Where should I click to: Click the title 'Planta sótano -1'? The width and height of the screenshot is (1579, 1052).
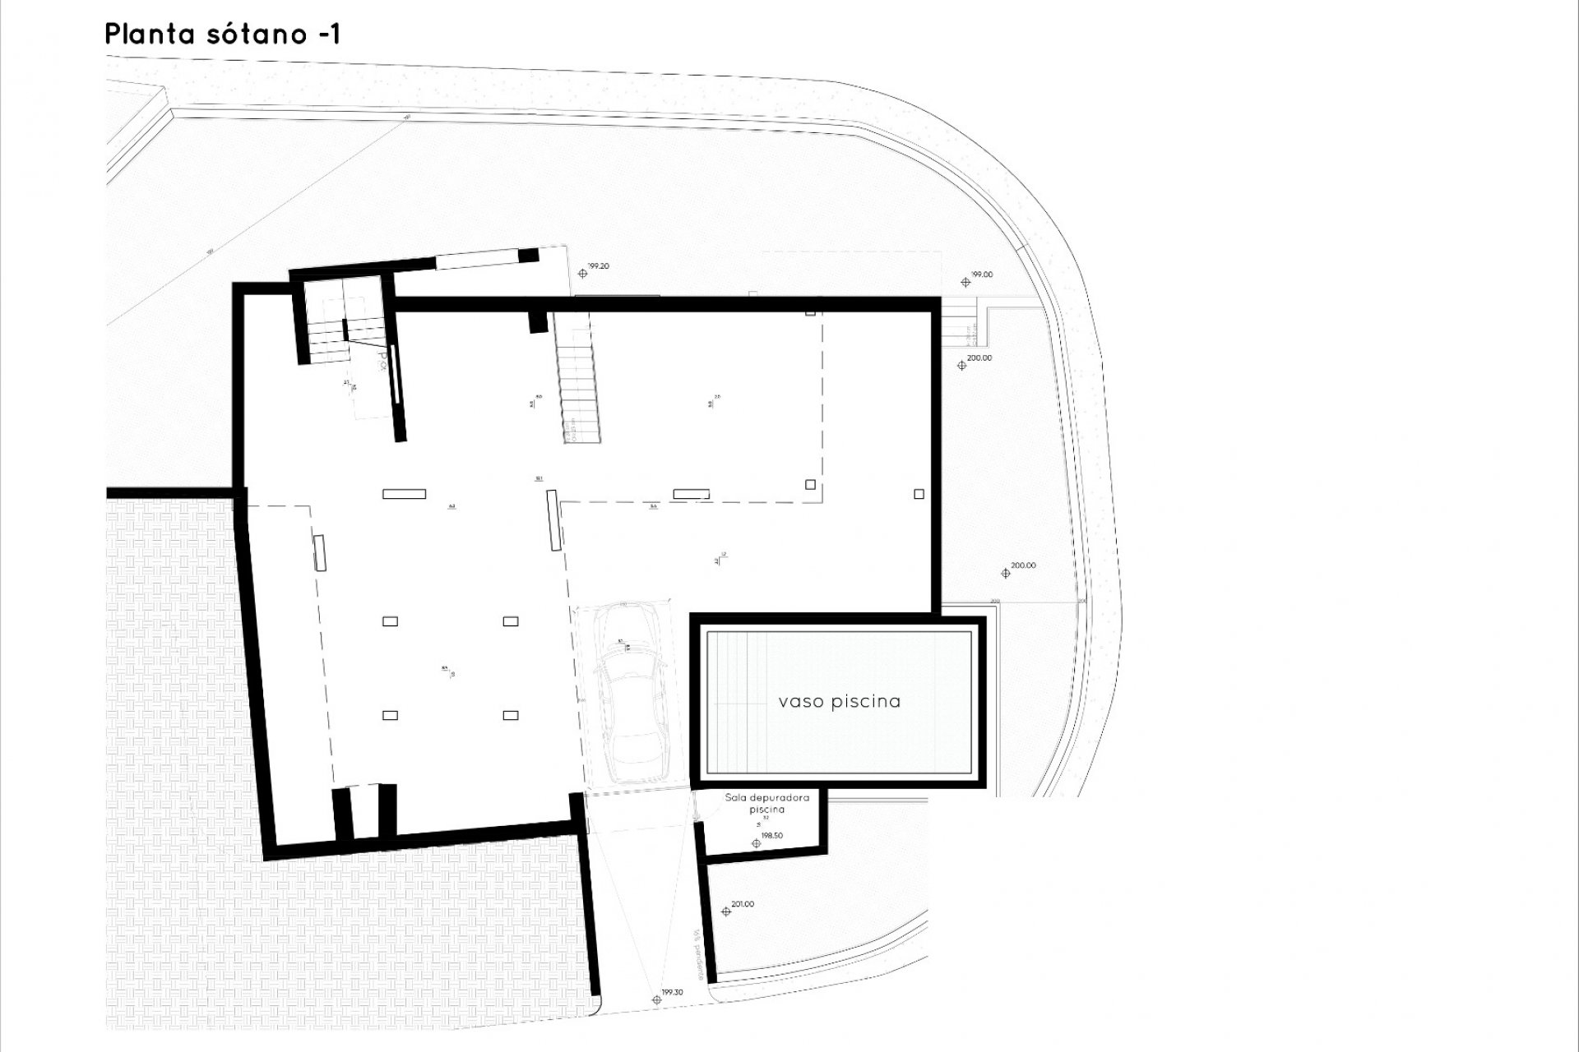[x=222, y=35]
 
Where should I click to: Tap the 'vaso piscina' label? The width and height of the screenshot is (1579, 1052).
[x=839, y=702]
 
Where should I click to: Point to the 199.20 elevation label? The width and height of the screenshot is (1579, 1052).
[x=599, y=266]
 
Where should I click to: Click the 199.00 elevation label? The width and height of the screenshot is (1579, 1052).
[x=982, y=275]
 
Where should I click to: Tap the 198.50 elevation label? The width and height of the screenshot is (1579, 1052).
[x=771, y=836]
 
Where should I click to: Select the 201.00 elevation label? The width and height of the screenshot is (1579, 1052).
[x=742, y=904]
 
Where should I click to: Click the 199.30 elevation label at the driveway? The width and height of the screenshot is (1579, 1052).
[x=671, y=993]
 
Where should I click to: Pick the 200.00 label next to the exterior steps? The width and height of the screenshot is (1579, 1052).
[x=979, y=358]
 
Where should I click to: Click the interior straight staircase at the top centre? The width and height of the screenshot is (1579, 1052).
[x=575, y=378]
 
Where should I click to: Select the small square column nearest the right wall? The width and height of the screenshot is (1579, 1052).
[x=919, y=494]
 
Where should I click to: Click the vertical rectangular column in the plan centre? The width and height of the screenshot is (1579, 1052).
[x=553, y=520]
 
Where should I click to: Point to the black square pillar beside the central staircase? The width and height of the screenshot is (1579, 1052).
[x=537, y=321]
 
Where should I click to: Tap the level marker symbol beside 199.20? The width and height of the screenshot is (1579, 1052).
[x=583, y=273]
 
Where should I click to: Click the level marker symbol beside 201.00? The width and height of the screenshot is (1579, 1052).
[x=725, y=911]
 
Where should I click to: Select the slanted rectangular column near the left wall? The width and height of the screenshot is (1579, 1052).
[x=320, y=552]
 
